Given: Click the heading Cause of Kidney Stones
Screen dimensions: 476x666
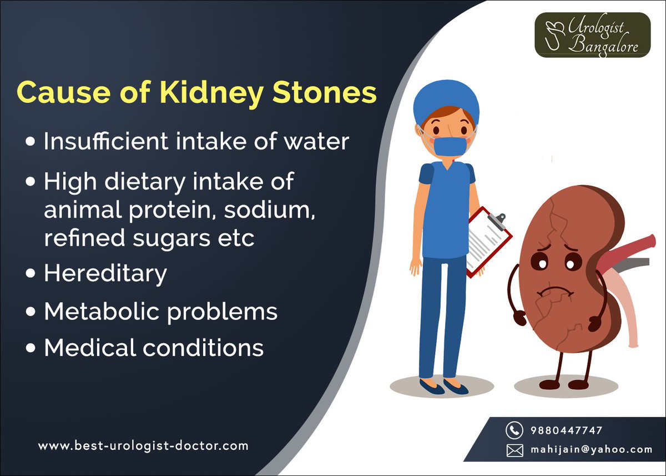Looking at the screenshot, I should [x=196, y=93].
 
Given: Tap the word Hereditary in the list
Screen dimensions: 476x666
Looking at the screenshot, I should [x=105, y=274].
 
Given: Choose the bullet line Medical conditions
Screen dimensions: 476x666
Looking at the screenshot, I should [x=154, y=348].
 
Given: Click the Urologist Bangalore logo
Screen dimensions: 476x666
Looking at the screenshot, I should [x=592, y=35].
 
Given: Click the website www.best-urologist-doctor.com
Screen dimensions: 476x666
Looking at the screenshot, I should [x=143, y=445].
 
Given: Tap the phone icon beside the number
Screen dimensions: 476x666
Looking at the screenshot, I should [x=514, y=430].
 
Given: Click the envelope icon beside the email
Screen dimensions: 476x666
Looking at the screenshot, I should [x=514, y=449].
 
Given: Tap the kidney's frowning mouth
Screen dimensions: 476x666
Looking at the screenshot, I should [x=552, y=290].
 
